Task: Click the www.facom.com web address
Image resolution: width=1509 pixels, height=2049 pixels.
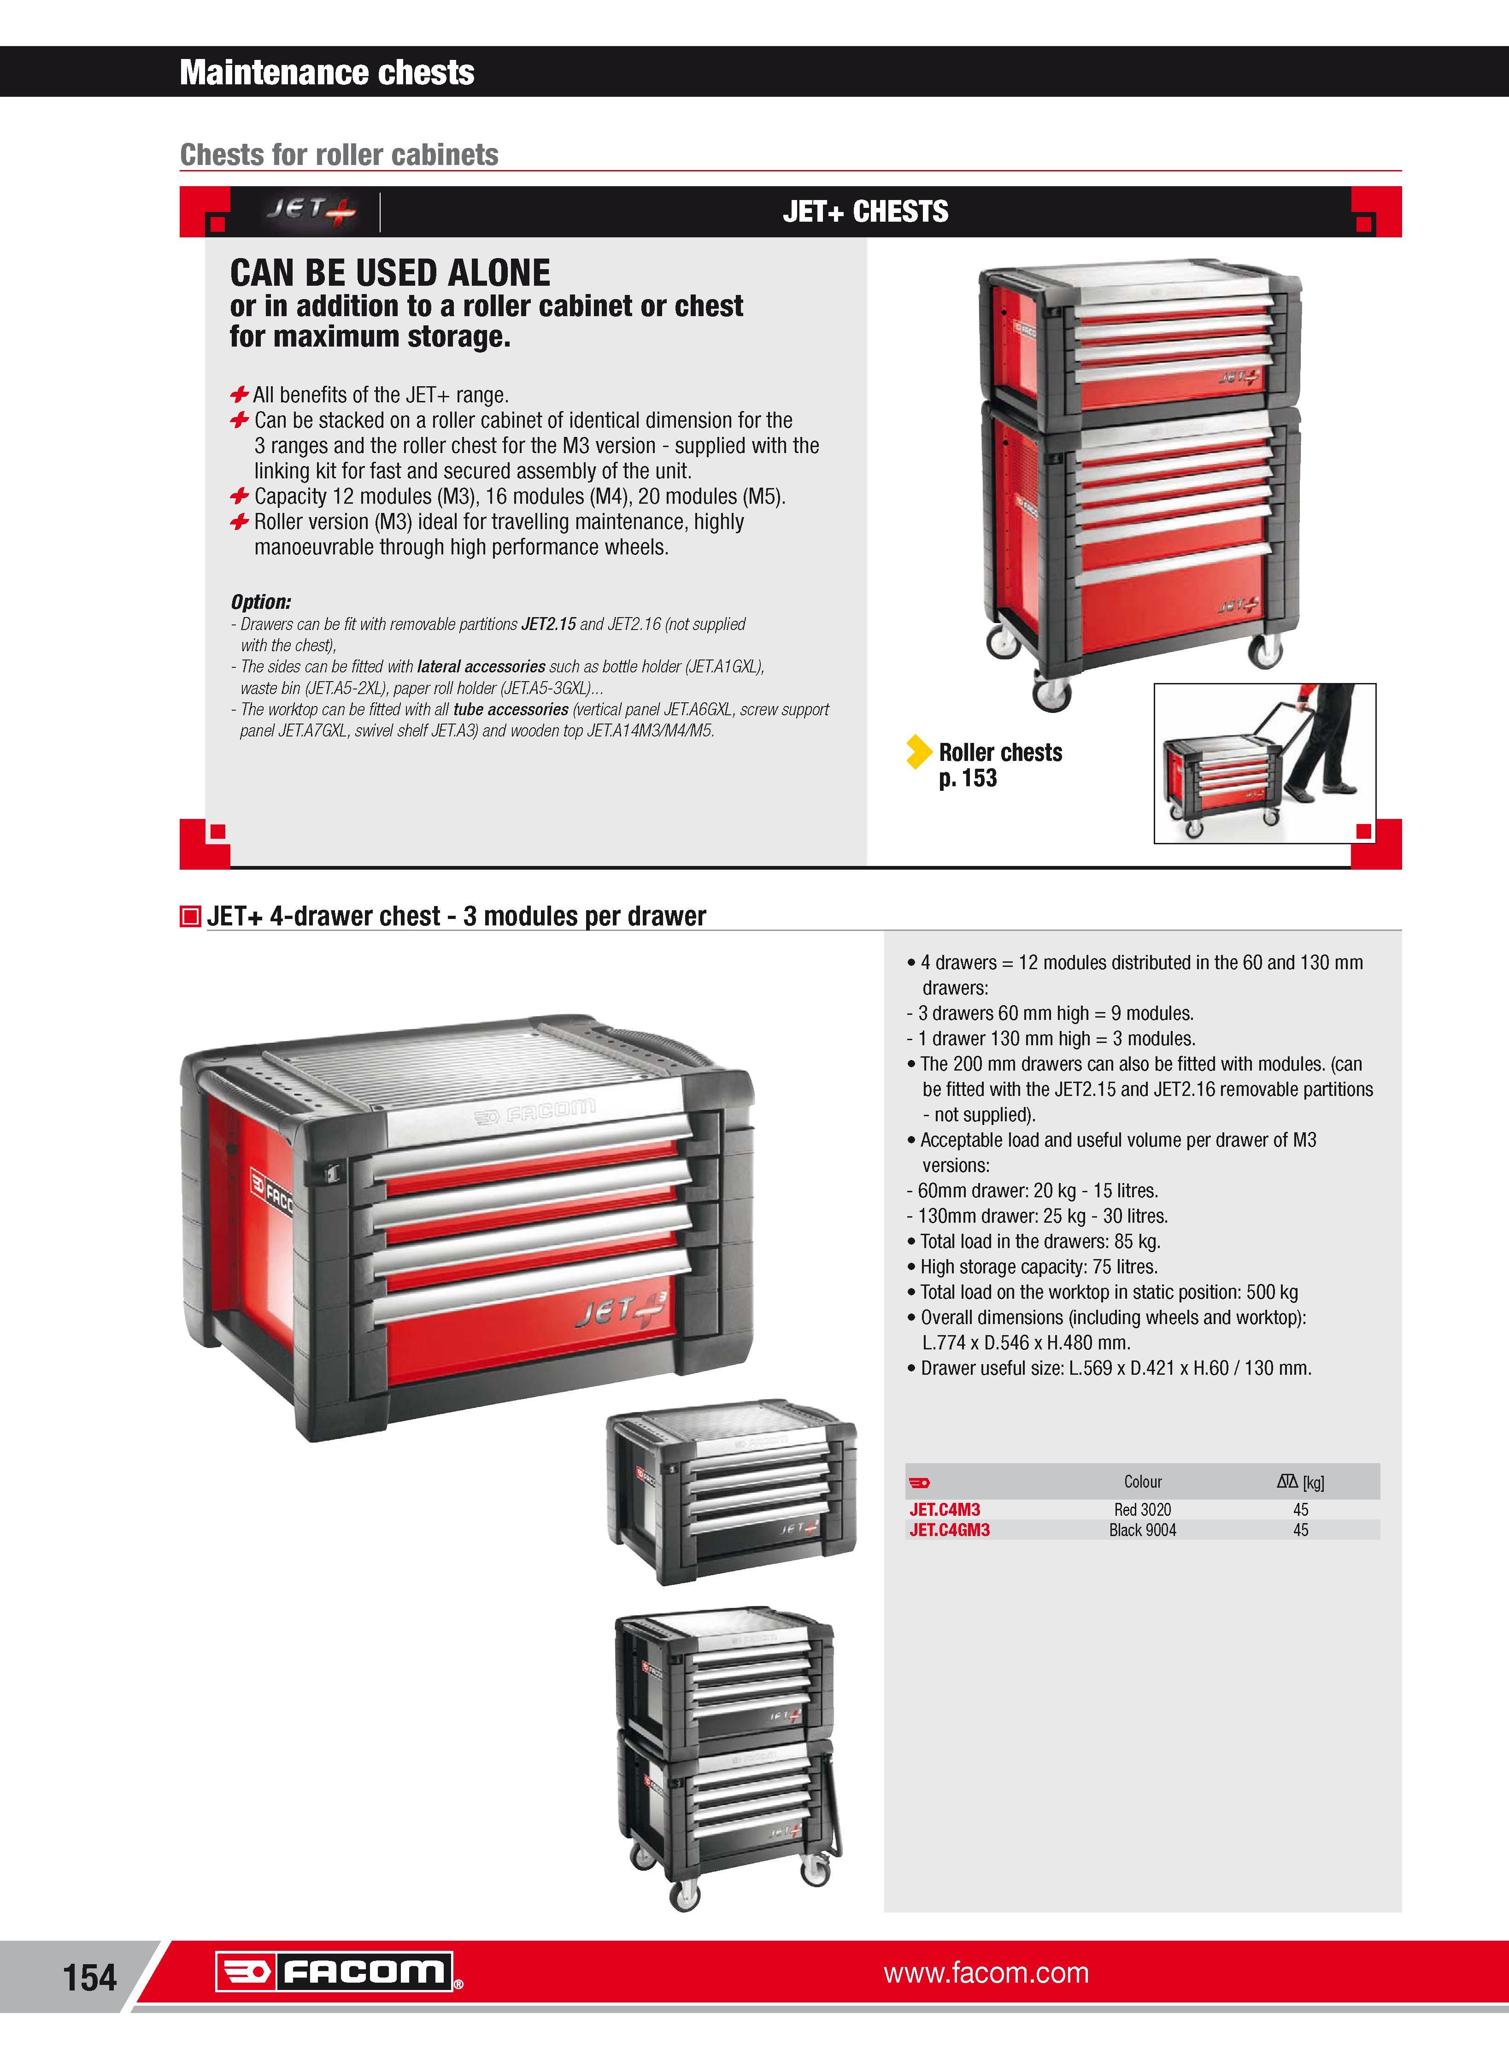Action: click(x=986, y=1973)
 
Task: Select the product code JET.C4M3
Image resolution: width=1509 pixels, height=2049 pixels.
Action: click(x=945, y=1510)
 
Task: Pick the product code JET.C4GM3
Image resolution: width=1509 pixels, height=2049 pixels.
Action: click(x=949, y=1530)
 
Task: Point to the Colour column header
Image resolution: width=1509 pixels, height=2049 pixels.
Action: click(x=1143, y=1482)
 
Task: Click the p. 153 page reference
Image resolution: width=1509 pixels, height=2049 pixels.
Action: click(x=967, y=778)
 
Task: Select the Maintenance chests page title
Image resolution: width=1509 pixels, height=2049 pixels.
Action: click(x=327, y=72)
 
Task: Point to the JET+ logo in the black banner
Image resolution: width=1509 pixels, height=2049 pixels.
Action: click(x=311, y=211)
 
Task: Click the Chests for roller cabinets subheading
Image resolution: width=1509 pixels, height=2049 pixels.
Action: click(x=339, y=154)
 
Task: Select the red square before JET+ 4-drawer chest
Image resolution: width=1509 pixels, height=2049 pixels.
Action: click(x=190, y=916)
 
